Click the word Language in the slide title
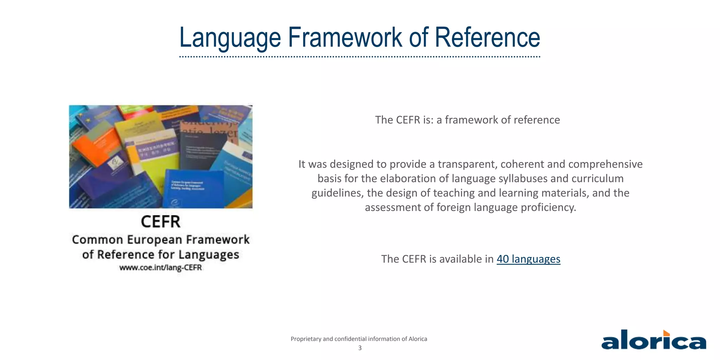(230, 38)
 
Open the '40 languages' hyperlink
(528, 259)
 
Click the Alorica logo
(654, 340)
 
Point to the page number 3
(360, 348)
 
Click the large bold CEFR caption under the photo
(161, 222)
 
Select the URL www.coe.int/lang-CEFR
(161, 268)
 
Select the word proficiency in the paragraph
(548, 207)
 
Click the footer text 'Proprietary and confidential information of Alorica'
(359, 339)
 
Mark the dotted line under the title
(359, 57)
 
